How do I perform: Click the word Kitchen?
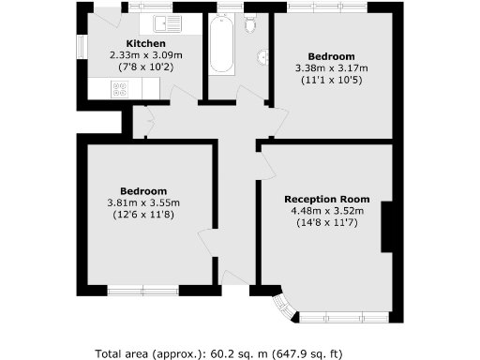point(146,44)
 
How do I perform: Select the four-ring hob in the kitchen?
point(121,89)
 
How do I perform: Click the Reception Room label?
point(326,200)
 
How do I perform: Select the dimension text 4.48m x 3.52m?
point(326,211)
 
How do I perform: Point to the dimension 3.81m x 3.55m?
point(142,202)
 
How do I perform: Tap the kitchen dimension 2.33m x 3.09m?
point(146,55)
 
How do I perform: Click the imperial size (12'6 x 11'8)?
point(142,215)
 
